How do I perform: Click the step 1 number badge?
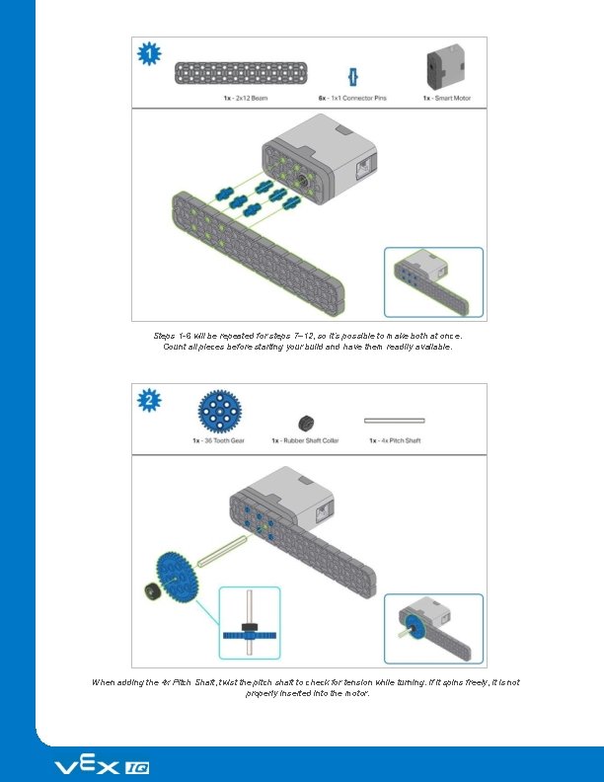(149, 55)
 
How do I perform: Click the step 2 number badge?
(149, 401)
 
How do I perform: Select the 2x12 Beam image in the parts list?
(234, 74)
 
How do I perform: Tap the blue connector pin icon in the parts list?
(350, 76)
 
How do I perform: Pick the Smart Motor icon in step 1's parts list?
(440, 69)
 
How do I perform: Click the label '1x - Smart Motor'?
(446, 97)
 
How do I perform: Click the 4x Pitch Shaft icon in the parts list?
(394, 420)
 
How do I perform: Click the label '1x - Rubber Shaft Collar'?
(305, 440)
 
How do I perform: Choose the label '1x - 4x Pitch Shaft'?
(394, 440)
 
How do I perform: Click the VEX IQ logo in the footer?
(102, 767)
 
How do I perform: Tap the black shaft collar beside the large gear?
(150, 590)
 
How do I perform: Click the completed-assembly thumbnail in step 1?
(433, 280)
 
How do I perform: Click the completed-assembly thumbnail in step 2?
(433, 628)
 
